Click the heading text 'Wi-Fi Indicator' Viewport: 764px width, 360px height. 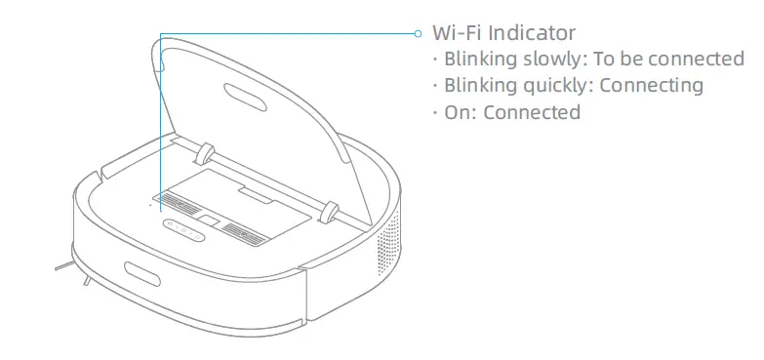tap(504, 32)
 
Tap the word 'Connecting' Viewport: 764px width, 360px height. tap(651, 85)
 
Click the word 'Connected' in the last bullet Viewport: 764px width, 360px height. tap(532, 111)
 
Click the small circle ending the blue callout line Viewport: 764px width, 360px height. tap(419, 32)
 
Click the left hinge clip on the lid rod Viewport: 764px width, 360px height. tap(204, 153)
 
